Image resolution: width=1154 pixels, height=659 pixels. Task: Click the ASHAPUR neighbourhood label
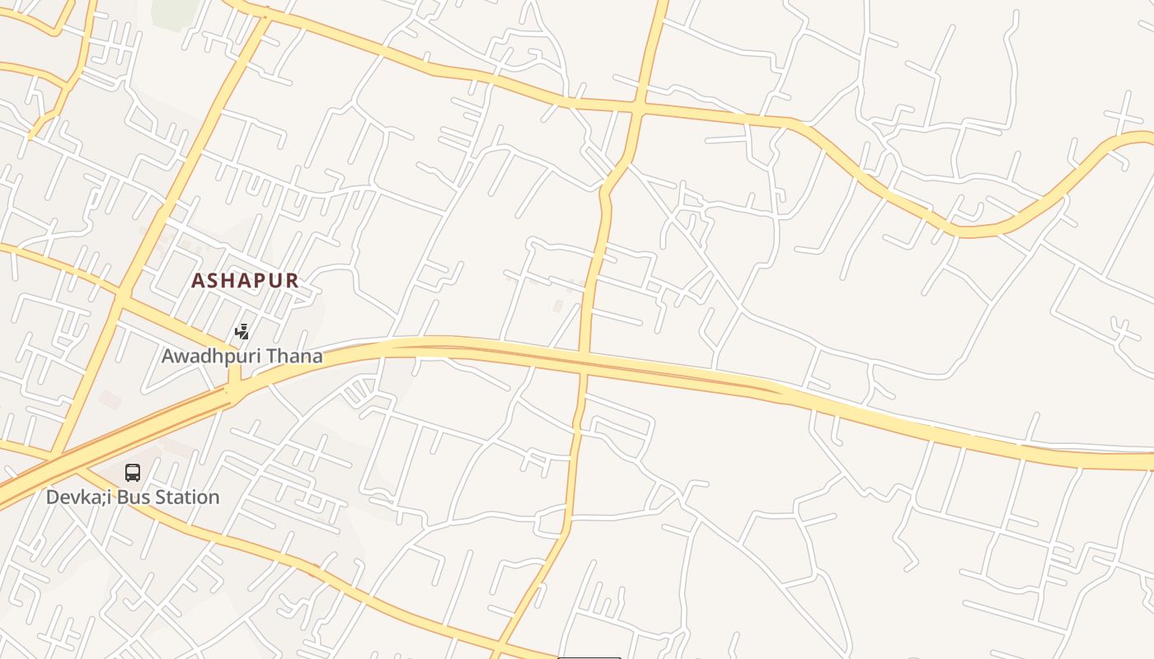click(x=245, y=280)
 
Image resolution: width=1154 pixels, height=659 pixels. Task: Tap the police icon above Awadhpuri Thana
click(x=242, y=332)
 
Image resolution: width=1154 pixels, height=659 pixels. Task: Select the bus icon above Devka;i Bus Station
click(x=133, y=473)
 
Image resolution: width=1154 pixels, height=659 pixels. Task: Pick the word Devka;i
click(x=79, y=498)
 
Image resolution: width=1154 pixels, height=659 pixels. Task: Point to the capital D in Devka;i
click(x=52, y=498)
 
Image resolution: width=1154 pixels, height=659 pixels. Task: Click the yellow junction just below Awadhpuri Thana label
click(x=235, y=387)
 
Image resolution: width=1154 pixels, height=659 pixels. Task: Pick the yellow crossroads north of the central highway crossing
click(x=639, y=107)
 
